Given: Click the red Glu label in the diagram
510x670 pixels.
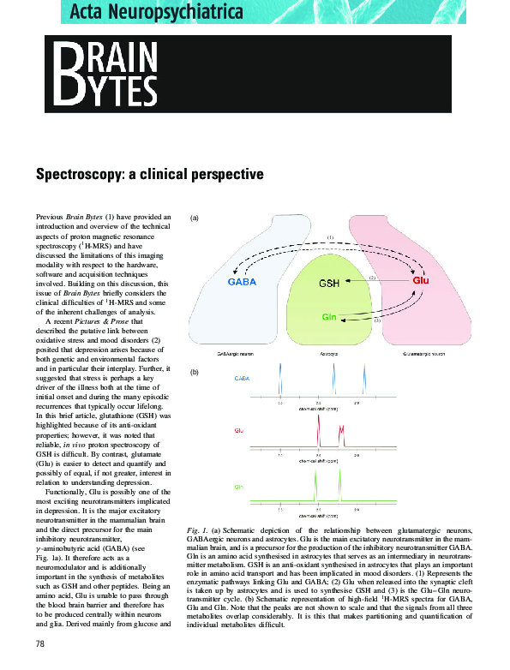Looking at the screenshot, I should click(421, 280).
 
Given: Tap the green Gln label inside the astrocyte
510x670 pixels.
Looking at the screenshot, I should click(328, 317).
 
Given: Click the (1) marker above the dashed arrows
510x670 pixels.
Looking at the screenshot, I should click(330, 236).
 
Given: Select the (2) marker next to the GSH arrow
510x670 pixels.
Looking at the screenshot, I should click(372, 278).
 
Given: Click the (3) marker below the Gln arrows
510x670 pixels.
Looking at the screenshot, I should click(375, 319).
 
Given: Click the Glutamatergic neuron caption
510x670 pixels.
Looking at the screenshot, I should click(421, 353).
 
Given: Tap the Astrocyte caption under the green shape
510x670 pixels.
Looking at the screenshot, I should click(329, 353).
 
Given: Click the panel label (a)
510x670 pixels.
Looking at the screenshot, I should click(194, 218).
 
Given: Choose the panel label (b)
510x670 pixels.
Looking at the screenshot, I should click(194, 373).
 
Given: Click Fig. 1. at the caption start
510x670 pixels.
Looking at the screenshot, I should click(198, 531).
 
